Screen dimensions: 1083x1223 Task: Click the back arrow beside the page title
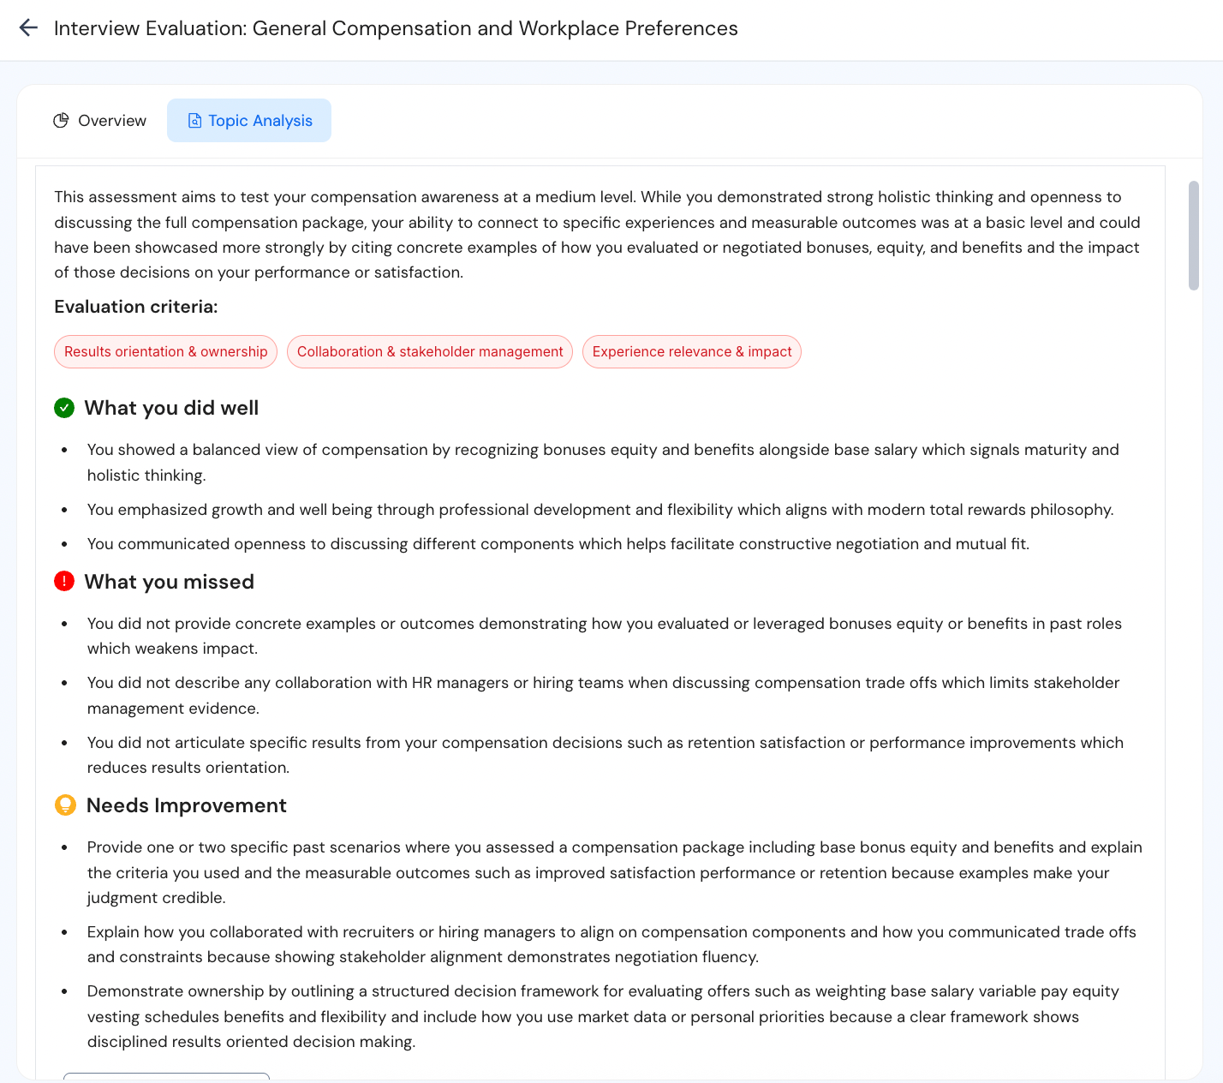point(28,27)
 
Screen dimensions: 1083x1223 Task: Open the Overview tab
point(100,121)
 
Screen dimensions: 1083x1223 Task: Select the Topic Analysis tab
point(249,121)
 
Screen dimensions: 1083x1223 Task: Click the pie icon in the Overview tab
point(61,121)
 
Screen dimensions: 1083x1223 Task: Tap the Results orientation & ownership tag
point(165,351)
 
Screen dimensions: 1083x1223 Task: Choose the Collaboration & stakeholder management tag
point(430,351)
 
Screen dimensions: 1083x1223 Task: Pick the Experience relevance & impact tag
point(692,351)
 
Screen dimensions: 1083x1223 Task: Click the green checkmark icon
point(64,408)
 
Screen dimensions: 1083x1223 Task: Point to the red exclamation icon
point(64,582)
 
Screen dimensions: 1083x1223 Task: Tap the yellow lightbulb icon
point(65,805)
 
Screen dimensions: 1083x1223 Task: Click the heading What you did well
point(171,408)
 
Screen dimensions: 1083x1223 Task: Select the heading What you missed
point(170,582)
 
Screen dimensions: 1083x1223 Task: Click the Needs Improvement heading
point(187,805)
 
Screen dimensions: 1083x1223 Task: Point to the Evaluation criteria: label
point(136,307)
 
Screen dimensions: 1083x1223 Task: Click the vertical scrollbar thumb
point(1194,236)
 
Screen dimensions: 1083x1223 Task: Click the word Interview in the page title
point(97,28)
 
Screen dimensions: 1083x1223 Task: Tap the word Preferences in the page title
point(681,28)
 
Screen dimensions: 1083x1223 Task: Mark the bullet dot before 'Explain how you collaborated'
point(65,932)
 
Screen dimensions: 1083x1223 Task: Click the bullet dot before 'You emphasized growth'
point(65,511)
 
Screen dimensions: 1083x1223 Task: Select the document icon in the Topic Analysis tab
point(194,121)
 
